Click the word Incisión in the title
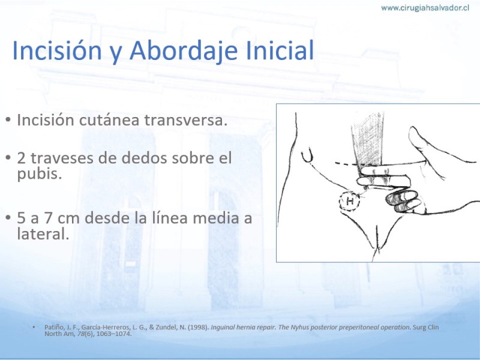tap(57, 50)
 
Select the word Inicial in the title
tap(280, 50)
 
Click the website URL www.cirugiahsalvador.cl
tap(425, 8)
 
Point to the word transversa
tap(186, 120)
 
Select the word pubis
tap(40, 175)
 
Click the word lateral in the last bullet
tap(43, 234)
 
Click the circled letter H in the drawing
tap(349, 202)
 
